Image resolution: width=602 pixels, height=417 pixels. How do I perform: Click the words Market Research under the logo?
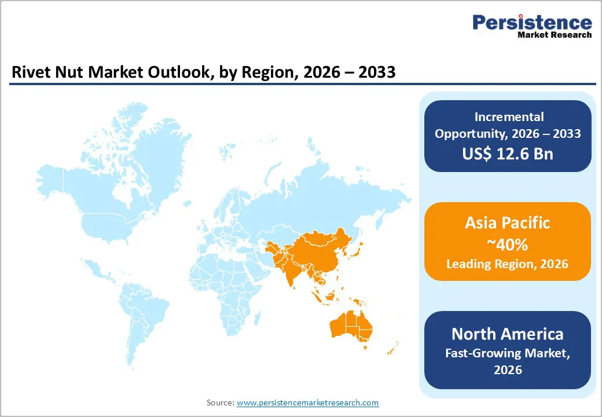pos(555,35)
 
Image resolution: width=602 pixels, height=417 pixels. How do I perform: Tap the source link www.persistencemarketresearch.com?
pos(307,403)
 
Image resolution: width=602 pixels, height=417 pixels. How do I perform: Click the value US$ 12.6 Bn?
pos(508,153)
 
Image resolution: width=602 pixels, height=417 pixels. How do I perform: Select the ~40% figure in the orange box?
pos(507,244)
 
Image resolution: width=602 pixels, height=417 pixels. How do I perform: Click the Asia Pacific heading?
pos(507,223)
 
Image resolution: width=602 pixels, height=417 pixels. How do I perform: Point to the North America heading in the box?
pos(507,334)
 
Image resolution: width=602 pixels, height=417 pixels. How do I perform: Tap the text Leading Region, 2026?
pos(507,264)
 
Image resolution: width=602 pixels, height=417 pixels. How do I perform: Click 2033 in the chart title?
pos(376,74)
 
